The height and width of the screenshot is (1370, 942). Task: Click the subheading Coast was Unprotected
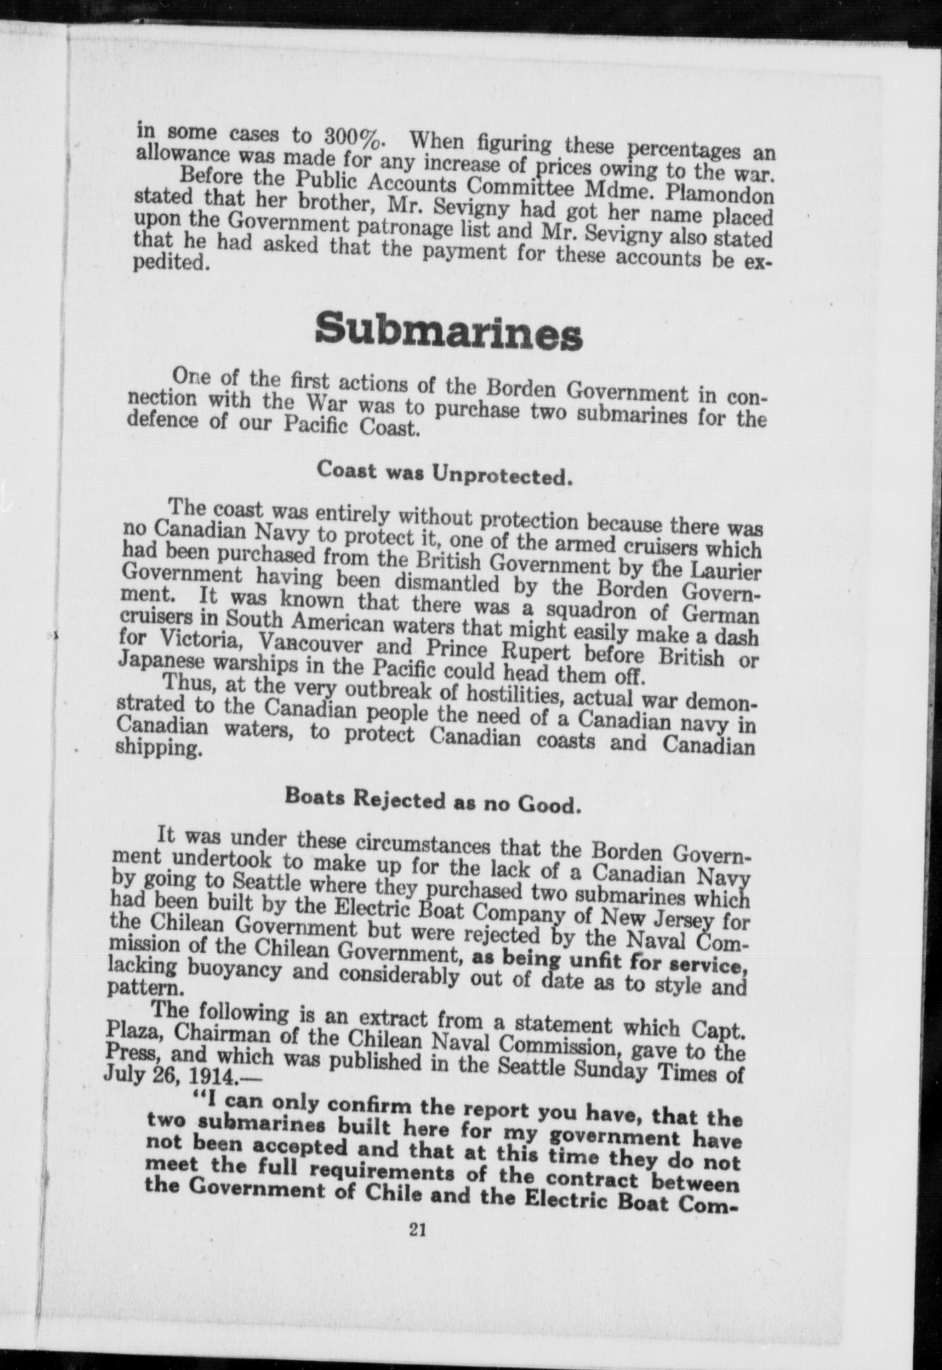click(445, 473)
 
